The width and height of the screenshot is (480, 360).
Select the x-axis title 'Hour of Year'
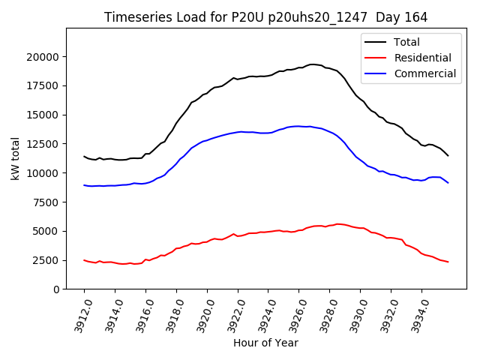point(265,343)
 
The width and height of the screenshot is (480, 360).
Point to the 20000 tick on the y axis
point(43,57)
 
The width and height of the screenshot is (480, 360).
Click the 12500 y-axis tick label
point(43,144)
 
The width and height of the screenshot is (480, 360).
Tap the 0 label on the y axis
point(56,289)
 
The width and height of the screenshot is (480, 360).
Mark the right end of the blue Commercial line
point(448,183)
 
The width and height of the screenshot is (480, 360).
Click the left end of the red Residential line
point(84,260)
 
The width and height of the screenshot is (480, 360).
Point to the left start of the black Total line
point(84,156)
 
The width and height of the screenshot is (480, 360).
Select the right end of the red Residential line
point(448,262)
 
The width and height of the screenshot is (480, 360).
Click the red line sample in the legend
point(376,58)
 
